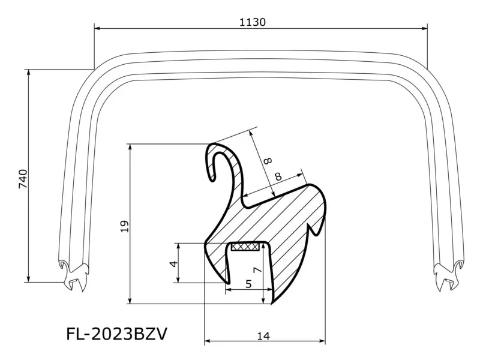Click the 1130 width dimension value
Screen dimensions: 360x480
tap(252, 22)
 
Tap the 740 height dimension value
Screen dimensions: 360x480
tap(23, 179)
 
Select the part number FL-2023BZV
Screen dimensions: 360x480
tap(116, 334)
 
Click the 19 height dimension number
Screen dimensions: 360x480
tap(124, 226)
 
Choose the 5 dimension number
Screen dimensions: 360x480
tap(248, 284)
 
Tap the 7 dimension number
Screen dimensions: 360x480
tap(257, 271)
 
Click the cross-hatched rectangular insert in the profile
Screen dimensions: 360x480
tap(245, 246)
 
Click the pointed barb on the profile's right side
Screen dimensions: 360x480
tap(316, 229)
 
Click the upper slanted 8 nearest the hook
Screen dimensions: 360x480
tap(267, 160)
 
